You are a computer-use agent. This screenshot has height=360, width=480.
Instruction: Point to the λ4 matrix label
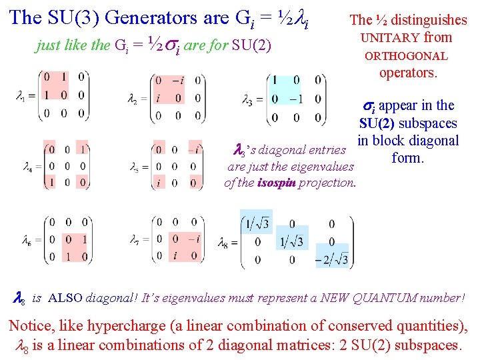[x=25, y=166]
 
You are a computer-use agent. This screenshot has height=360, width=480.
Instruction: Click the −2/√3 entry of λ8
[x=332, y=259]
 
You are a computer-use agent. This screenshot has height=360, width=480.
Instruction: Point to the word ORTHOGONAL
[x=406, y=56]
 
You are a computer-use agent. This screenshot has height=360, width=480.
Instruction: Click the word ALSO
[x=66, y=297]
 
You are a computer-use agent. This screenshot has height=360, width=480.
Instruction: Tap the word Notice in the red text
[x=29, y=325]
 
